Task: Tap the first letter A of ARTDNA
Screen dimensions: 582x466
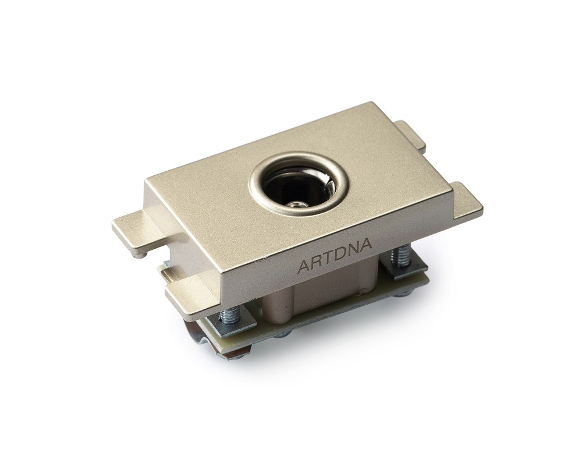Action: [304, 267]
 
